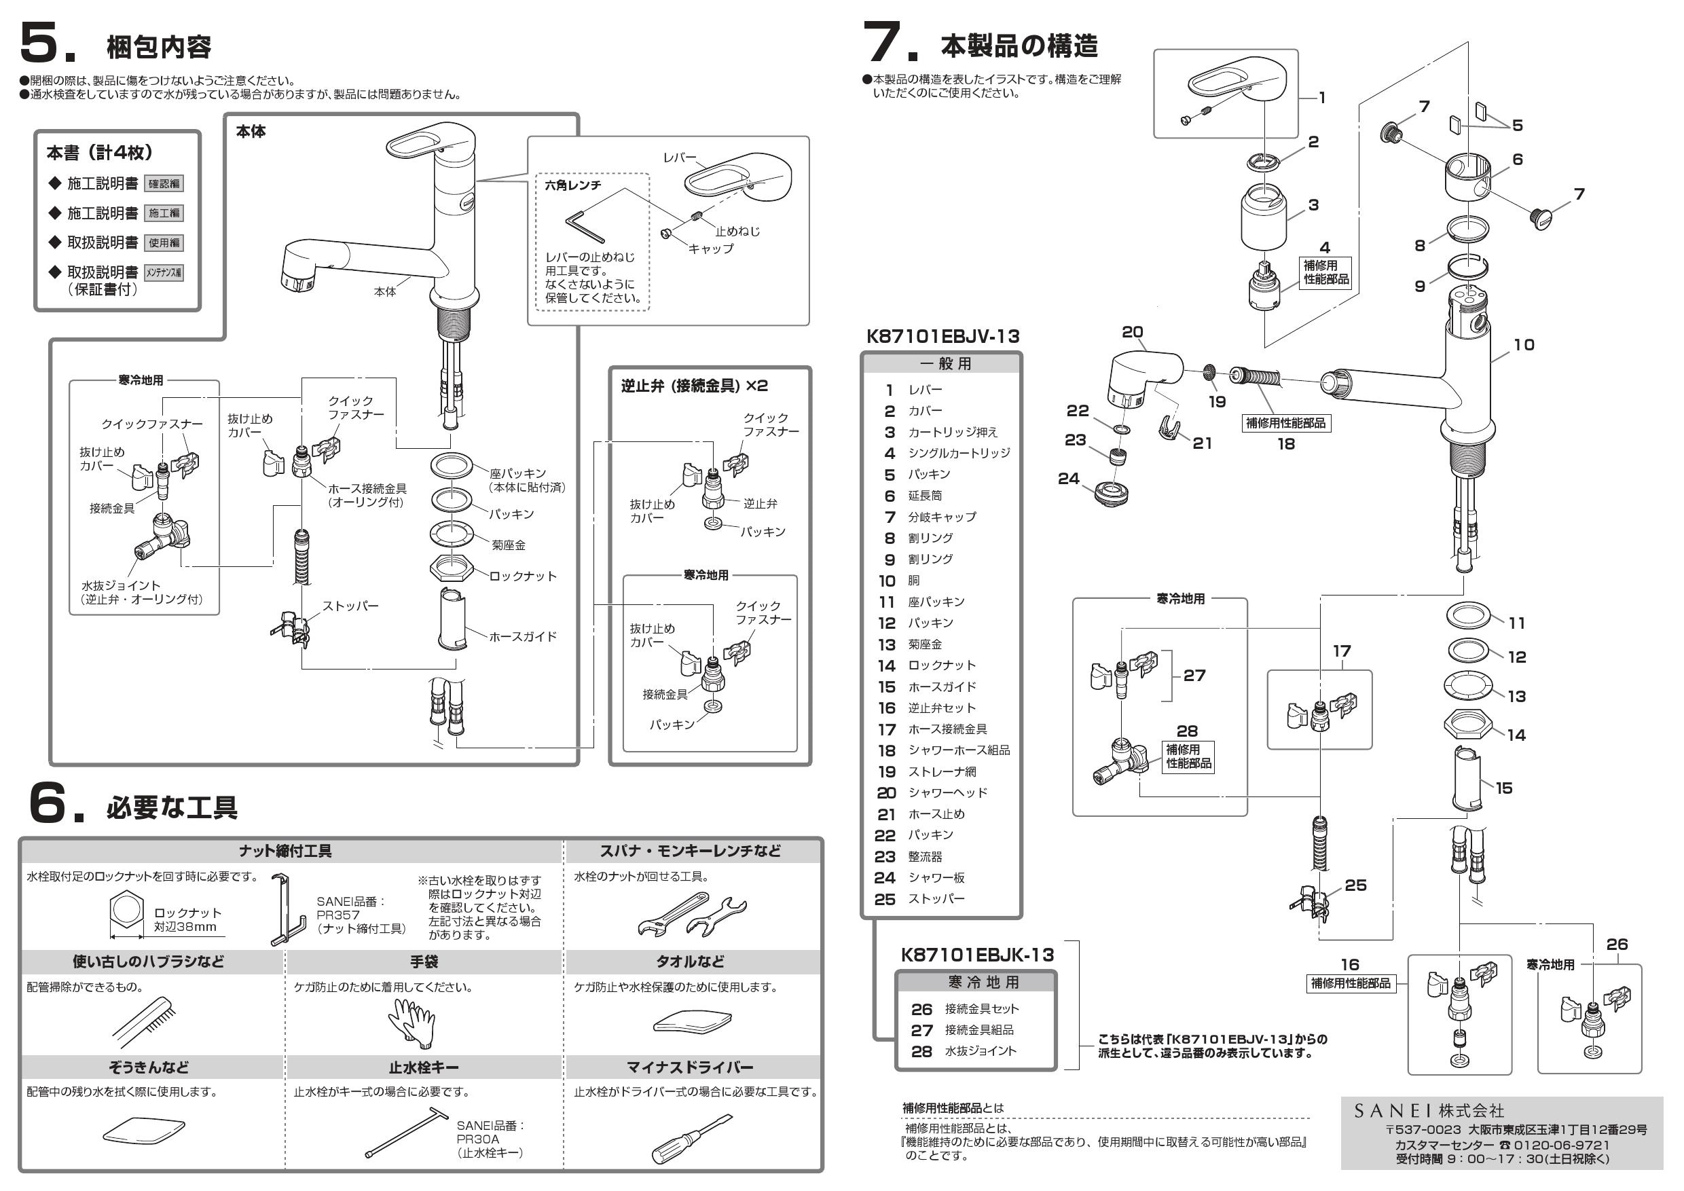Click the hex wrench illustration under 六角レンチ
pyautogui.click(x=585, y=227)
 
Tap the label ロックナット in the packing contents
pyautogui.click(x=523, y=576)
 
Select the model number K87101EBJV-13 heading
pyautogui.click(x=942, y=337)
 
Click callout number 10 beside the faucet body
pyautogui.click(x=1523, y=345)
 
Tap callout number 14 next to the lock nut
pyautogui.click(x=1516, y=735)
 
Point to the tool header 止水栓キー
pyautogui.click(x=424, y=1067)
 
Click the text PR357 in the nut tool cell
pyautogui.click(x=337, y=915)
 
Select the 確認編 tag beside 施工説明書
pyautogui.click(x=164, y=184)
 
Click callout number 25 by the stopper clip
pyautogui.click(x=1355, y=885)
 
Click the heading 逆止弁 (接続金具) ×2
pyautogui.click(x=694, y=386)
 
